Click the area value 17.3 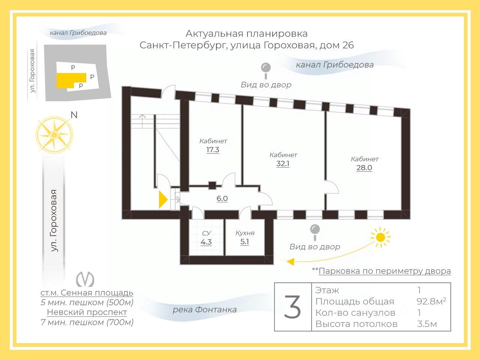tap(213, 150)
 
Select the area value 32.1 tap(283, 164)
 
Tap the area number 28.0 tap(364, 168)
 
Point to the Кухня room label tap(245, 233)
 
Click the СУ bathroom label tap(206, 233)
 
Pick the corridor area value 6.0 tap(222, 199)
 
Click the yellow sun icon tap(380, 237)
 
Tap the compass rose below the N tap(54, 135)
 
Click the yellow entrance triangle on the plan tap(163, 199)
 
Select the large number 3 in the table tap(292, 307)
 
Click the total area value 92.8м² tap(431, 301)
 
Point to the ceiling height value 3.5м tap(427, 324)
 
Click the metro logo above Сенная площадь tap(85, 279)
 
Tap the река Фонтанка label tap(205, 310)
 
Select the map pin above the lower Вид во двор tap(315, 230)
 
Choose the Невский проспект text tap(87, 312)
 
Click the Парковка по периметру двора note tap(384, 271)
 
